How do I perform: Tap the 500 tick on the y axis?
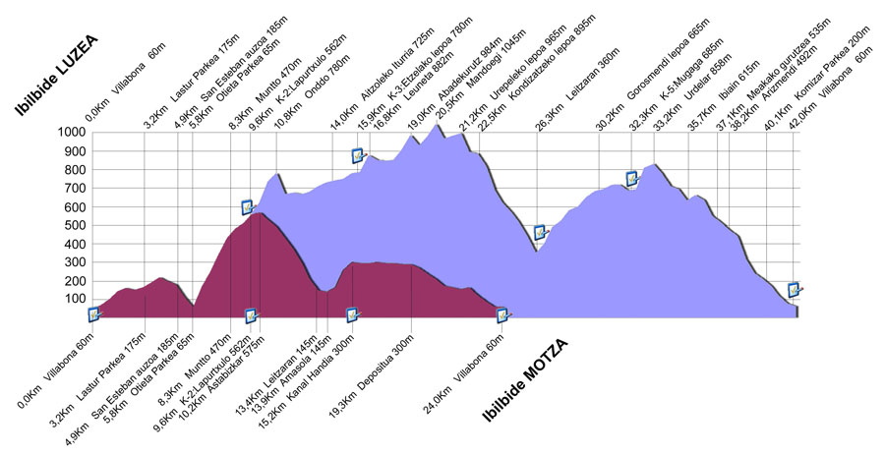73,225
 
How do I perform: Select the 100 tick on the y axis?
73,300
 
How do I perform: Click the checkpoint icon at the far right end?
795,290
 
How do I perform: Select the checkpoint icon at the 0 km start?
94,314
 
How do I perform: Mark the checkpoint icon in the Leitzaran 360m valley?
540,233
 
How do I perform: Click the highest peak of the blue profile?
435,125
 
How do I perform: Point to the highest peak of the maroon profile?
258,213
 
